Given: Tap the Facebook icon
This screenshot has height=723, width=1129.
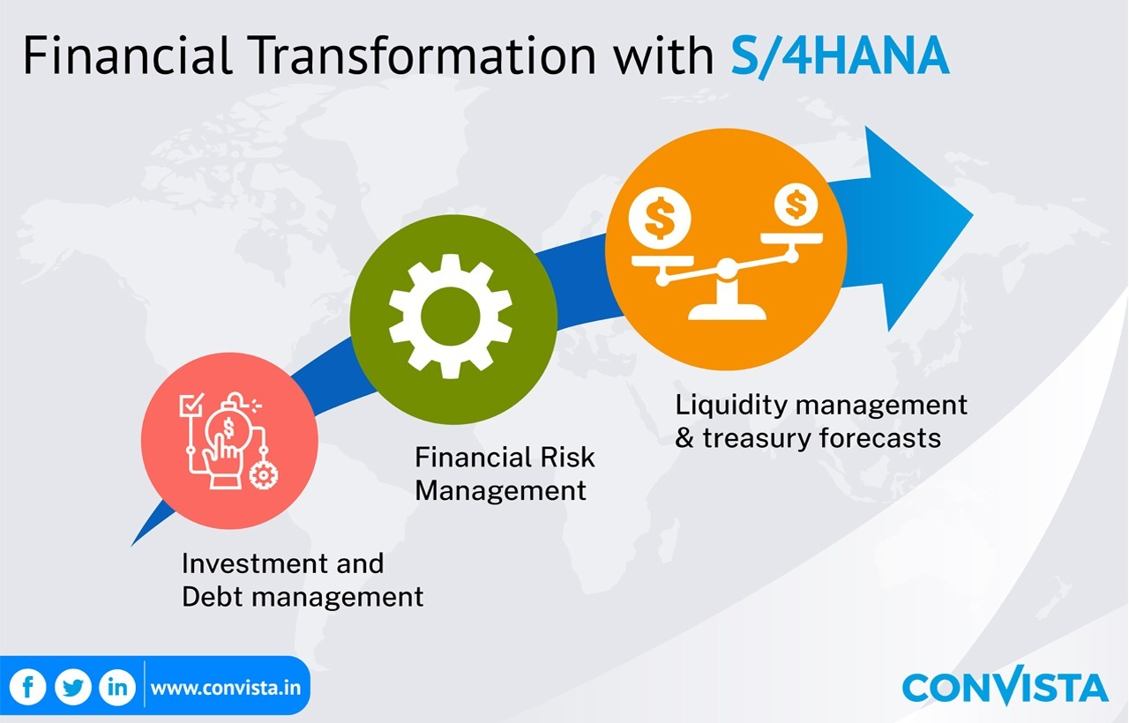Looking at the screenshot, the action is click(27, 687).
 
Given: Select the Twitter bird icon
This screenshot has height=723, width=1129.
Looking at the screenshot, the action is click(73, 687).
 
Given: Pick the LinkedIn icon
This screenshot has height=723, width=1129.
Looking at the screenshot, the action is click(117, 687).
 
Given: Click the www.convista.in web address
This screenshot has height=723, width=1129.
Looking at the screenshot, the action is click(225, 688).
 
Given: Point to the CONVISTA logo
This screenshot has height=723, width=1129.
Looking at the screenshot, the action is click(1005, 685).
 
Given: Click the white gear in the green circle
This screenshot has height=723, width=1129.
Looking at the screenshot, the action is click(451, 316).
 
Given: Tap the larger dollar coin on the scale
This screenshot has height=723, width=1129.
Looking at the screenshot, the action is click(660, 218).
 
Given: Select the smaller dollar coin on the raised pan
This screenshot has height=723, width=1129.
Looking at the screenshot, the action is click(796, 205).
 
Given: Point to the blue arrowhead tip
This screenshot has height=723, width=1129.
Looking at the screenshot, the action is click(973, 215).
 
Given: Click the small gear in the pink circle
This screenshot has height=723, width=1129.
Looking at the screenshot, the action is click(264, 474).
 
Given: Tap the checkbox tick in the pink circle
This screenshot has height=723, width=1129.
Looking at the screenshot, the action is click(191, 404).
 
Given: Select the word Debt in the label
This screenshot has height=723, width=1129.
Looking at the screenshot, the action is click(213, 597).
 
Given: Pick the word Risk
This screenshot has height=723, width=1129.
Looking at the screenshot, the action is click(567, 457).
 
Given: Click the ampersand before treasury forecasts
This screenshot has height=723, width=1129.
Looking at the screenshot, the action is click(684, 437).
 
